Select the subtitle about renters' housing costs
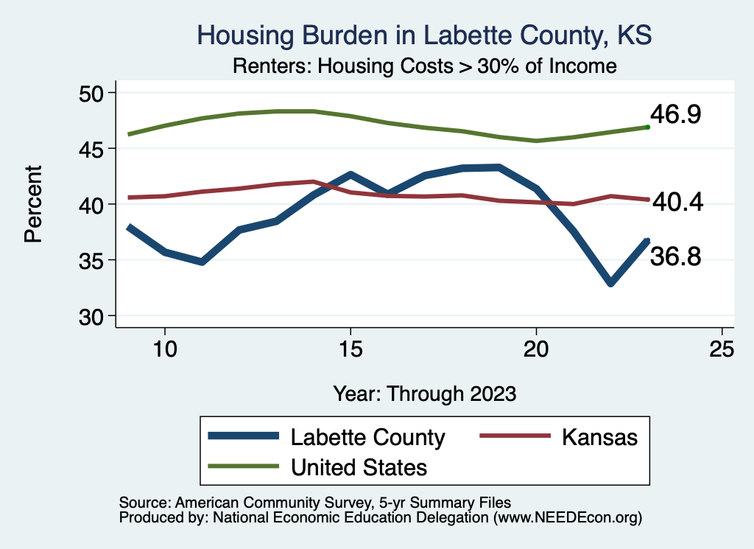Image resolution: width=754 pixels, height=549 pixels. [424, 66]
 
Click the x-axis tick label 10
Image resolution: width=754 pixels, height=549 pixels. [165, 349]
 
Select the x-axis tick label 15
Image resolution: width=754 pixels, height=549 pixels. [350, 349]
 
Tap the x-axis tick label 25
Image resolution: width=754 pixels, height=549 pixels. [722, 349]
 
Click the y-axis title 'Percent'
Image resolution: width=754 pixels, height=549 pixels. [32, 204]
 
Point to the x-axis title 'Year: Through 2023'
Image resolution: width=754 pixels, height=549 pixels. [424, 393]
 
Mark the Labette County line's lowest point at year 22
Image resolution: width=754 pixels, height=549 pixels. [610, 283]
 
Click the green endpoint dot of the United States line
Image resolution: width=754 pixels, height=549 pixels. [647, 127]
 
